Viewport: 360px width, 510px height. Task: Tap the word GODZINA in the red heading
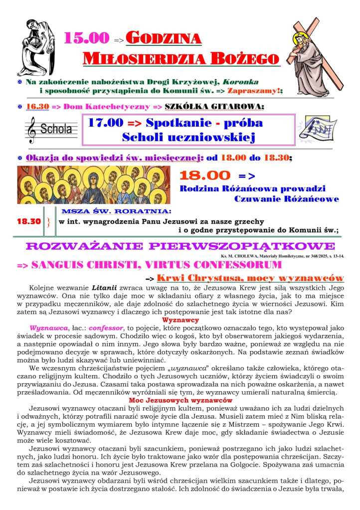[164, 38]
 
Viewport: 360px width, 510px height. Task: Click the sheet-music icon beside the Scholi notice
[320, 129]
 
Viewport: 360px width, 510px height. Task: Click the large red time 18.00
[204, 175]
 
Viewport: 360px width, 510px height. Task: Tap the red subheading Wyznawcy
[180, 321]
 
